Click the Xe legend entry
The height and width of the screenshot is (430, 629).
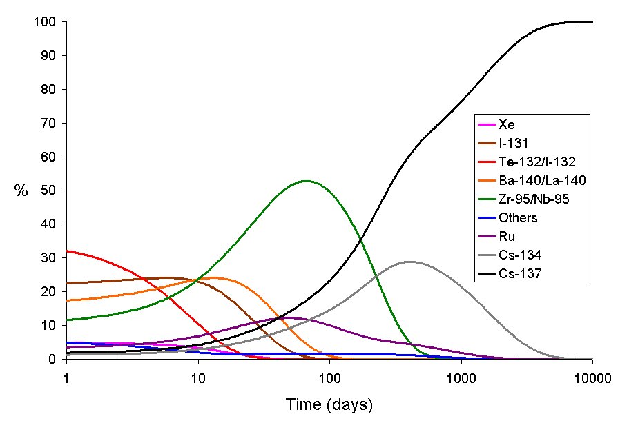pyautogui.click(x=507, y=125)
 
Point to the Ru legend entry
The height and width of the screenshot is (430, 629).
pyautogui.click(x=508, y=237)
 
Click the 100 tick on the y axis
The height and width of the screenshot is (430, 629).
pyautogui.click(x=47, y=22)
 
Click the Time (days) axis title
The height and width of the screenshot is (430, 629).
pyautogui.click(x=329, y=404)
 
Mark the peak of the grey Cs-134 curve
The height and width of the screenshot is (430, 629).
pyautogui.click(x=411, y=262)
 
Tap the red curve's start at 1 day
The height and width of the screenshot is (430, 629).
pyautogui.click(x=67, y=251)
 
